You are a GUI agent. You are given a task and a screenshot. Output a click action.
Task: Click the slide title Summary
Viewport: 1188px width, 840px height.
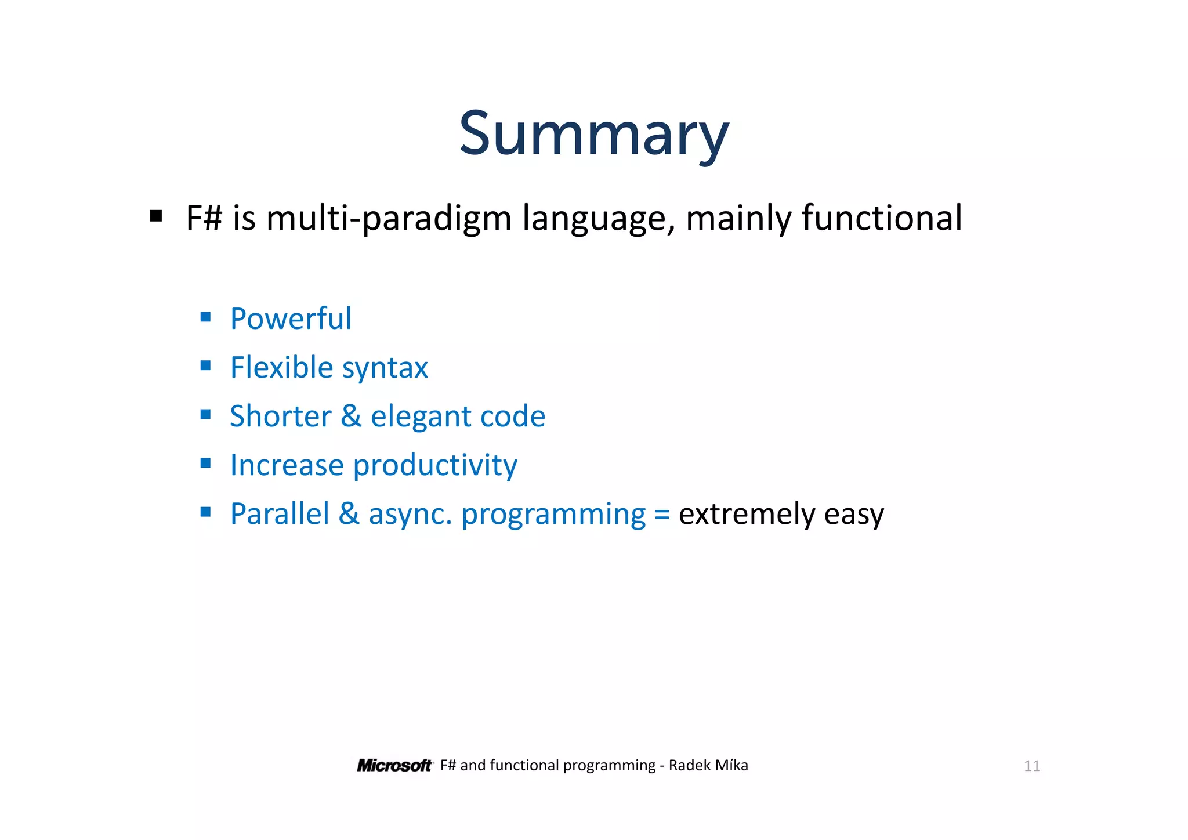tap(593, 135)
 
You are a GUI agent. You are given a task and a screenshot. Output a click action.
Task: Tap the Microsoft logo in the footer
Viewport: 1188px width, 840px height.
tap(394, 766)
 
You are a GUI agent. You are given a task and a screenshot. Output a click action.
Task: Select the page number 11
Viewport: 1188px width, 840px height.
tap(1031, 766)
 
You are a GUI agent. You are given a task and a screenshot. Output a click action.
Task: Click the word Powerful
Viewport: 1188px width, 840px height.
tap(291, 318)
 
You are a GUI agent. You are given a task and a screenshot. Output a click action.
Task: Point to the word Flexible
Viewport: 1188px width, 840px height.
tap(281, 367)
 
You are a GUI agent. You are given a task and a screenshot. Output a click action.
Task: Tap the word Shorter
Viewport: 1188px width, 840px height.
tap(280, 416)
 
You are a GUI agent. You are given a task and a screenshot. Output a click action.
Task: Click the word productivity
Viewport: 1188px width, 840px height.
tap(435, 466)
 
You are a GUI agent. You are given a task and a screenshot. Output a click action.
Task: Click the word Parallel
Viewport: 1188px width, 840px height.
tap(280, 514)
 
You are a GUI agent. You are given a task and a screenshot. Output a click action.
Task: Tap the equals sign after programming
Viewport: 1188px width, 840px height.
tap(662, 515)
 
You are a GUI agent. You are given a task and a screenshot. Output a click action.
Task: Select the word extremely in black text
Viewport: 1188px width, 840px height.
tap(746, 515)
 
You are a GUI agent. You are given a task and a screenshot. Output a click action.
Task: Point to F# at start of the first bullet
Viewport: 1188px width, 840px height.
tap(204, 218)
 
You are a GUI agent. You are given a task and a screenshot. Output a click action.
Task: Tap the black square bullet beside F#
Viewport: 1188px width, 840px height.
tap(155, 216)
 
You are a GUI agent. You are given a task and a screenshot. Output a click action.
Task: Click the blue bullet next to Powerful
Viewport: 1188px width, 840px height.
tap(205, 317)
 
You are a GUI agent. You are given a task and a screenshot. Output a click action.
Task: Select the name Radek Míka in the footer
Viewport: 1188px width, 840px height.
tap(708, 766)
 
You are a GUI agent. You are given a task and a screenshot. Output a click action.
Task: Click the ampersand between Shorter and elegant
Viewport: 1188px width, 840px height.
tap(351, 416)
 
